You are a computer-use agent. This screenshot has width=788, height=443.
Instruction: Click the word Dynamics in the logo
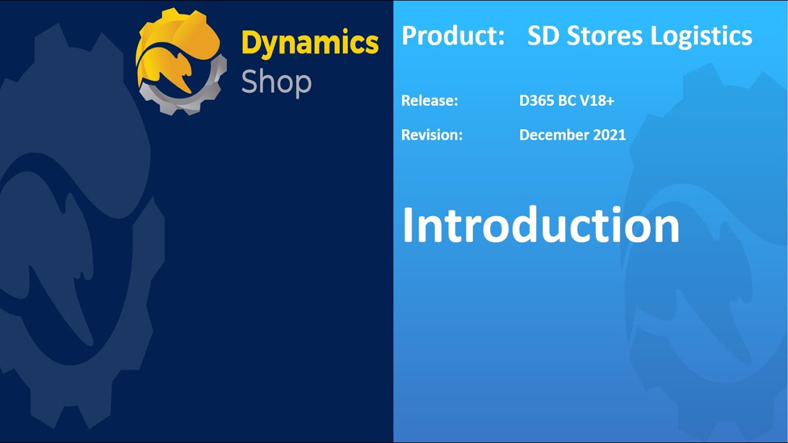pyautogui.click(x=310, y=44)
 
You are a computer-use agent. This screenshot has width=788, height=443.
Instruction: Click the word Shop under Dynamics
pyautogui.click(x=276, y=81)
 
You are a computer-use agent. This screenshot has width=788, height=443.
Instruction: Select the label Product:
pyautogui.click(x=453, y=36)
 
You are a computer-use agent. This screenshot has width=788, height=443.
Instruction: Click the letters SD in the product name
pyautogui.click(x=542, y=36)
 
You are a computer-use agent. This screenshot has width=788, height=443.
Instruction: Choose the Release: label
pyautogui.click(x=430, y=100)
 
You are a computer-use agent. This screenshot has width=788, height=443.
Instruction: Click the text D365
pyautogui.click(x=537, y=100)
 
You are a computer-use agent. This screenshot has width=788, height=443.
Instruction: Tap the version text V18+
pyautogui.click(x=597, y=100)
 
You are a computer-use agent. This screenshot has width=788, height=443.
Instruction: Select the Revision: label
pyautogui.click(x=432, y=135)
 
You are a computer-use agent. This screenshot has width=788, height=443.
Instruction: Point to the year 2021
pyautogui.click(x=609, y=135)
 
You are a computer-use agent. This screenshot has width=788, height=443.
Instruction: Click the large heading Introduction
pyautogui.click(x=541, y=225)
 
